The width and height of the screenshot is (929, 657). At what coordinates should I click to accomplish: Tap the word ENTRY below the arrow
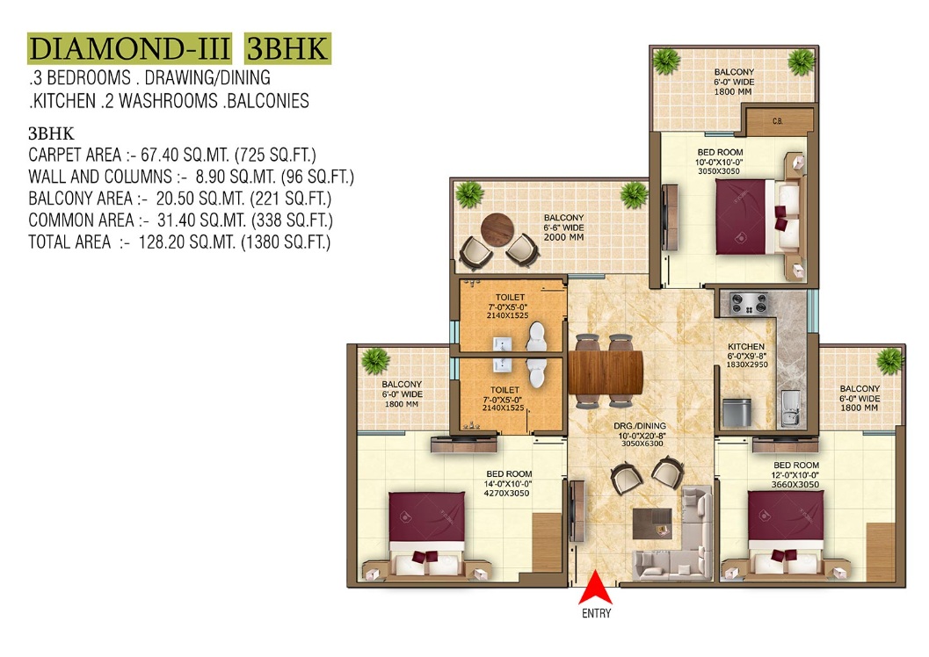596,613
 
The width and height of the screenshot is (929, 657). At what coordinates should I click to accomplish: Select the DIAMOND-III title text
129,48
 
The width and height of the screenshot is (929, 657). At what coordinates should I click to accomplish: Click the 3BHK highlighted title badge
288,48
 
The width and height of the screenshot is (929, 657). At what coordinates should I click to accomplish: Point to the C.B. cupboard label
777,121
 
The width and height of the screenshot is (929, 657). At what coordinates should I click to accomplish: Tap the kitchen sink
790,408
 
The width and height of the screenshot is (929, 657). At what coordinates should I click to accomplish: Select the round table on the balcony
497,229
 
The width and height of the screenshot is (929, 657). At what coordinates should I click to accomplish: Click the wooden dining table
606,372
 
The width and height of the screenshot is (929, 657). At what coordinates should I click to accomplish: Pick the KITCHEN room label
746,346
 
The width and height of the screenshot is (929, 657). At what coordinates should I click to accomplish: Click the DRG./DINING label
640,426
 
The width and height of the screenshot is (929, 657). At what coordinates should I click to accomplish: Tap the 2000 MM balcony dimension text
563,237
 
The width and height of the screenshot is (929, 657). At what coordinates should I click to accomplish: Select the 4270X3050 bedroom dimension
506,493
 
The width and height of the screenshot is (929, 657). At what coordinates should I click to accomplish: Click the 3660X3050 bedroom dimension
795,484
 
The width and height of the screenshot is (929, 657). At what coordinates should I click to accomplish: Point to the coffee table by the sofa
652,523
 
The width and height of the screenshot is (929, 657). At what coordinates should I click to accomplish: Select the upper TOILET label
510,297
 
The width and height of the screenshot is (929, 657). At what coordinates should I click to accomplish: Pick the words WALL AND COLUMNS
100,177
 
